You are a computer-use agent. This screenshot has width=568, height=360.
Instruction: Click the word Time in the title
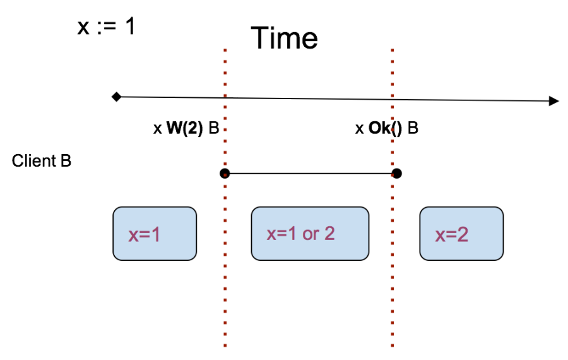tap(284, 39)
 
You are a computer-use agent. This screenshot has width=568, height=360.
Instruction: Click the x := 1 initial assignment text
tap(105, 27)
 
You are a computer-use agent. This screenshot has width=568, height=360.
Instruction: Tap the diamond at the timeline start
tap(116, 97)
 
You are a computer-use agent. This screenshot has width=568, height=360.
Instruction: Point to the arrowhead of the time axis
tap(553, 101)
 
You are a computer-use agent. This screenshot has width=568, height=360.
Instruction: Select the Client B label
tap(42, 161)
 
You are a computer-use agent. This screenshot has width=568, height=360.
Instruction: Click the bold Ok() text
tap(385, 129)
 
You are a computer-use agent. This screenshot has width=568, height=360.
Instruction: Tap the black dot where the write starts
tap(225, 173)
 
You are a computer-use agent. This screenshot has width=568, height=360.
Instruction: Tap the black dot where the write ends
tap(396, 173)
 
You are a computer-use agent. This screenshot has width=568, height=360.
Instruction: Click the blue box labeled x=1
tap(155, 234)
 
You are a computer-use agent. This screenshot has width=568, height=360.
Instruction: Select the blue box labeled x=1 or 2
tap(310, 234)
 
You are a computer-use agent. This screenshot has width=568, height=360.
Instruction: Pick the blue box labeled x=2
tap(461, 234)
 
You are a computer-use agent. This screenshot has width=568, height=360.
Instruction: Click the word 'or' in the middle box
tap(311, 234)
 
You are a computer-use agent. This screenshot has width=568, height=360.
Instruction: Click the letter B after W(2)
tap(213, 129)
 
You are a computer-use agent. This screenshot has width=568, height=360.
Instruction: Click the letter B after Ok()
tap(413, 129)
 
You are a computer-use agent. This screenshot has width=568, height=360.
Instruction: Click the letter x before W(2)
tap(158, 129)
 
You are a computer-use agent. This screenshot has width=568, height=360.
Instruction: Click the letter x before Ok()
tap(359, 129)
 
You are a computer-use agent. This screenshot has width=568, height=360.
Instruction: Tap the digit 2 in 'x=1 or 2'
tap(329, 234)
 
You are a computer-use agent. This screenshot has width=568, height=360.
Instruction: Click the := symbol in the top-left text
tap(105, 28)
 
